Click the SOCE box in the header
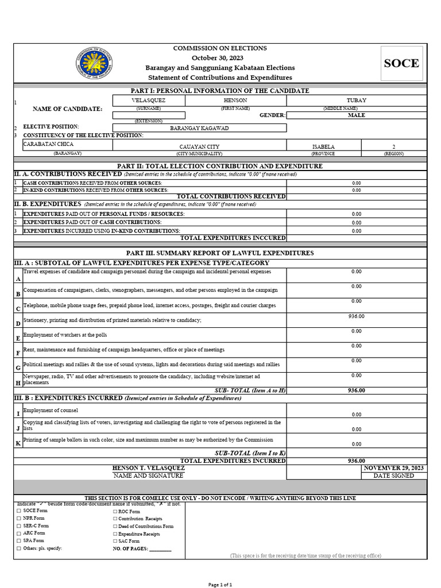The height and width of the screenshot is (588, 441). (x=401, y=64)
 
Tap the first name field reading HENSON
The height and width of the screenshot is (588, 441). (x=235, y=99)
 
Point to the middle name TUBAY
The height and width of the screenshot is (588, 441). (x=356, y=99)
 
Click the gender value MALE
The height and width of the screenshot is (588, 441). (x=356, y=115)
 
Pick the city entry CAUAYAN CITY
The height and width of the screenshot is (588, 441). (x=199, y=146)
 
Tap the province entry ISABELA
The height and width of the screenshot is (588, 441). (x=323, y=146)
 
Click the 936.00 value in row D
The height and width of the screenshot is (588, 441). (x=356, y=316)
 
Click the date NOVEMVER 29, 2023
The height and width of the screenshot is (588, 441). (x=394, y=468)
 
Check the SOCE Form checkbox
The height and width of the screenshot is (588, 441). (x=19, y=510)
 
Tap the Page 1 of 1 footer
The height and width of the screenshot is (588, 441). (x=220, y=584)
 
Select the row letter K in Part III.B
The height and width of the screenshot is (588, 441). (x=18, y=443)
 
